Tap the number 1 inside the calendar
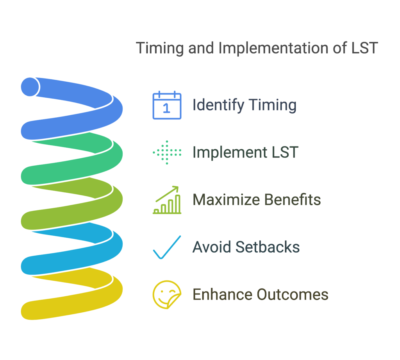[x=166, y=108]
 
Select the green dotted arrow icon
[x=167, y=152]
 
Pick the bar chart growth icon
[x=167, y=200]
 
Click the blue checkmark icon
[x=167, y=247]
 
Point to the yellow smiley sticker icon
[x=167, y=295]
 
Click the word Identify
[x=218, y=105]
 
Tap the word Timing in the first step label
[x=273, y=105]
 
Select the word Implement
[x=230, y=152]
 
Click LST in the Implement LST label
[x=285, y=152]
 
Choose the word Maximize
[x=226, y=200]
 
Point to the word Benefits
[x=293, y=200]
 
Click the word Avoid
[x=212, y=247]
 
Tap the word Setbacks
[x=268, y=247]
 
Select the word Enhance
[x=222, y=295]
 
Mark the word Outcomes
[x=293, y=295]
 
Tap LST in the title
[x=364, y=48]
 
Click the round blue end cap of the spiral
[x=30, y=87]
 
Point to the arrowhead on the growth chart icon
[x=175, y=188]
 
